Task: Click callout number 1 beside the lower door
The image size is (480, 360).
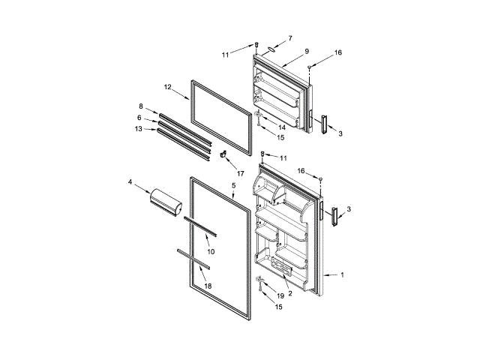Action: [x=342, y=274]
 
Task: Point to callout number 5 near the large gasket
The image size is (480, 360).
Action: [x=233, y=184]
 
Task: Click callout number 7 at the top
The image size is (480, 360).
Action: [x=290, y=37]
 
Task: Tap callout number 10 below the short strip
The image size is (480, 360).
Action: [x=211, y=250]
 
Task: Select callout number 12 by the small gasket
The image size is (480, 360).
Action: [x=168, y=88]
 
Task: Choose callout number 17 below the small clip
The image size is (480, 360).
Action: [x=231, y=173]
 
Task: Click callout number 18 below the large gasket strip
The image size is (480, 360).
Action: [x=208, y=286]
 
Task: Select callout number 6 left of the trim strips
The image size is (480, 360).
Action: [x=139, y=117]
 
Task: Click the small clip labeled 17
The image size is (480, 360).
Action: [x=223, y=154]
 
